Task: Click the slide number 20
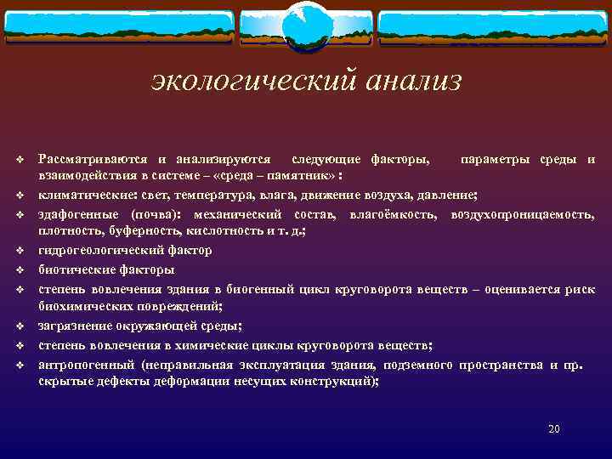coord(553,428)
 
